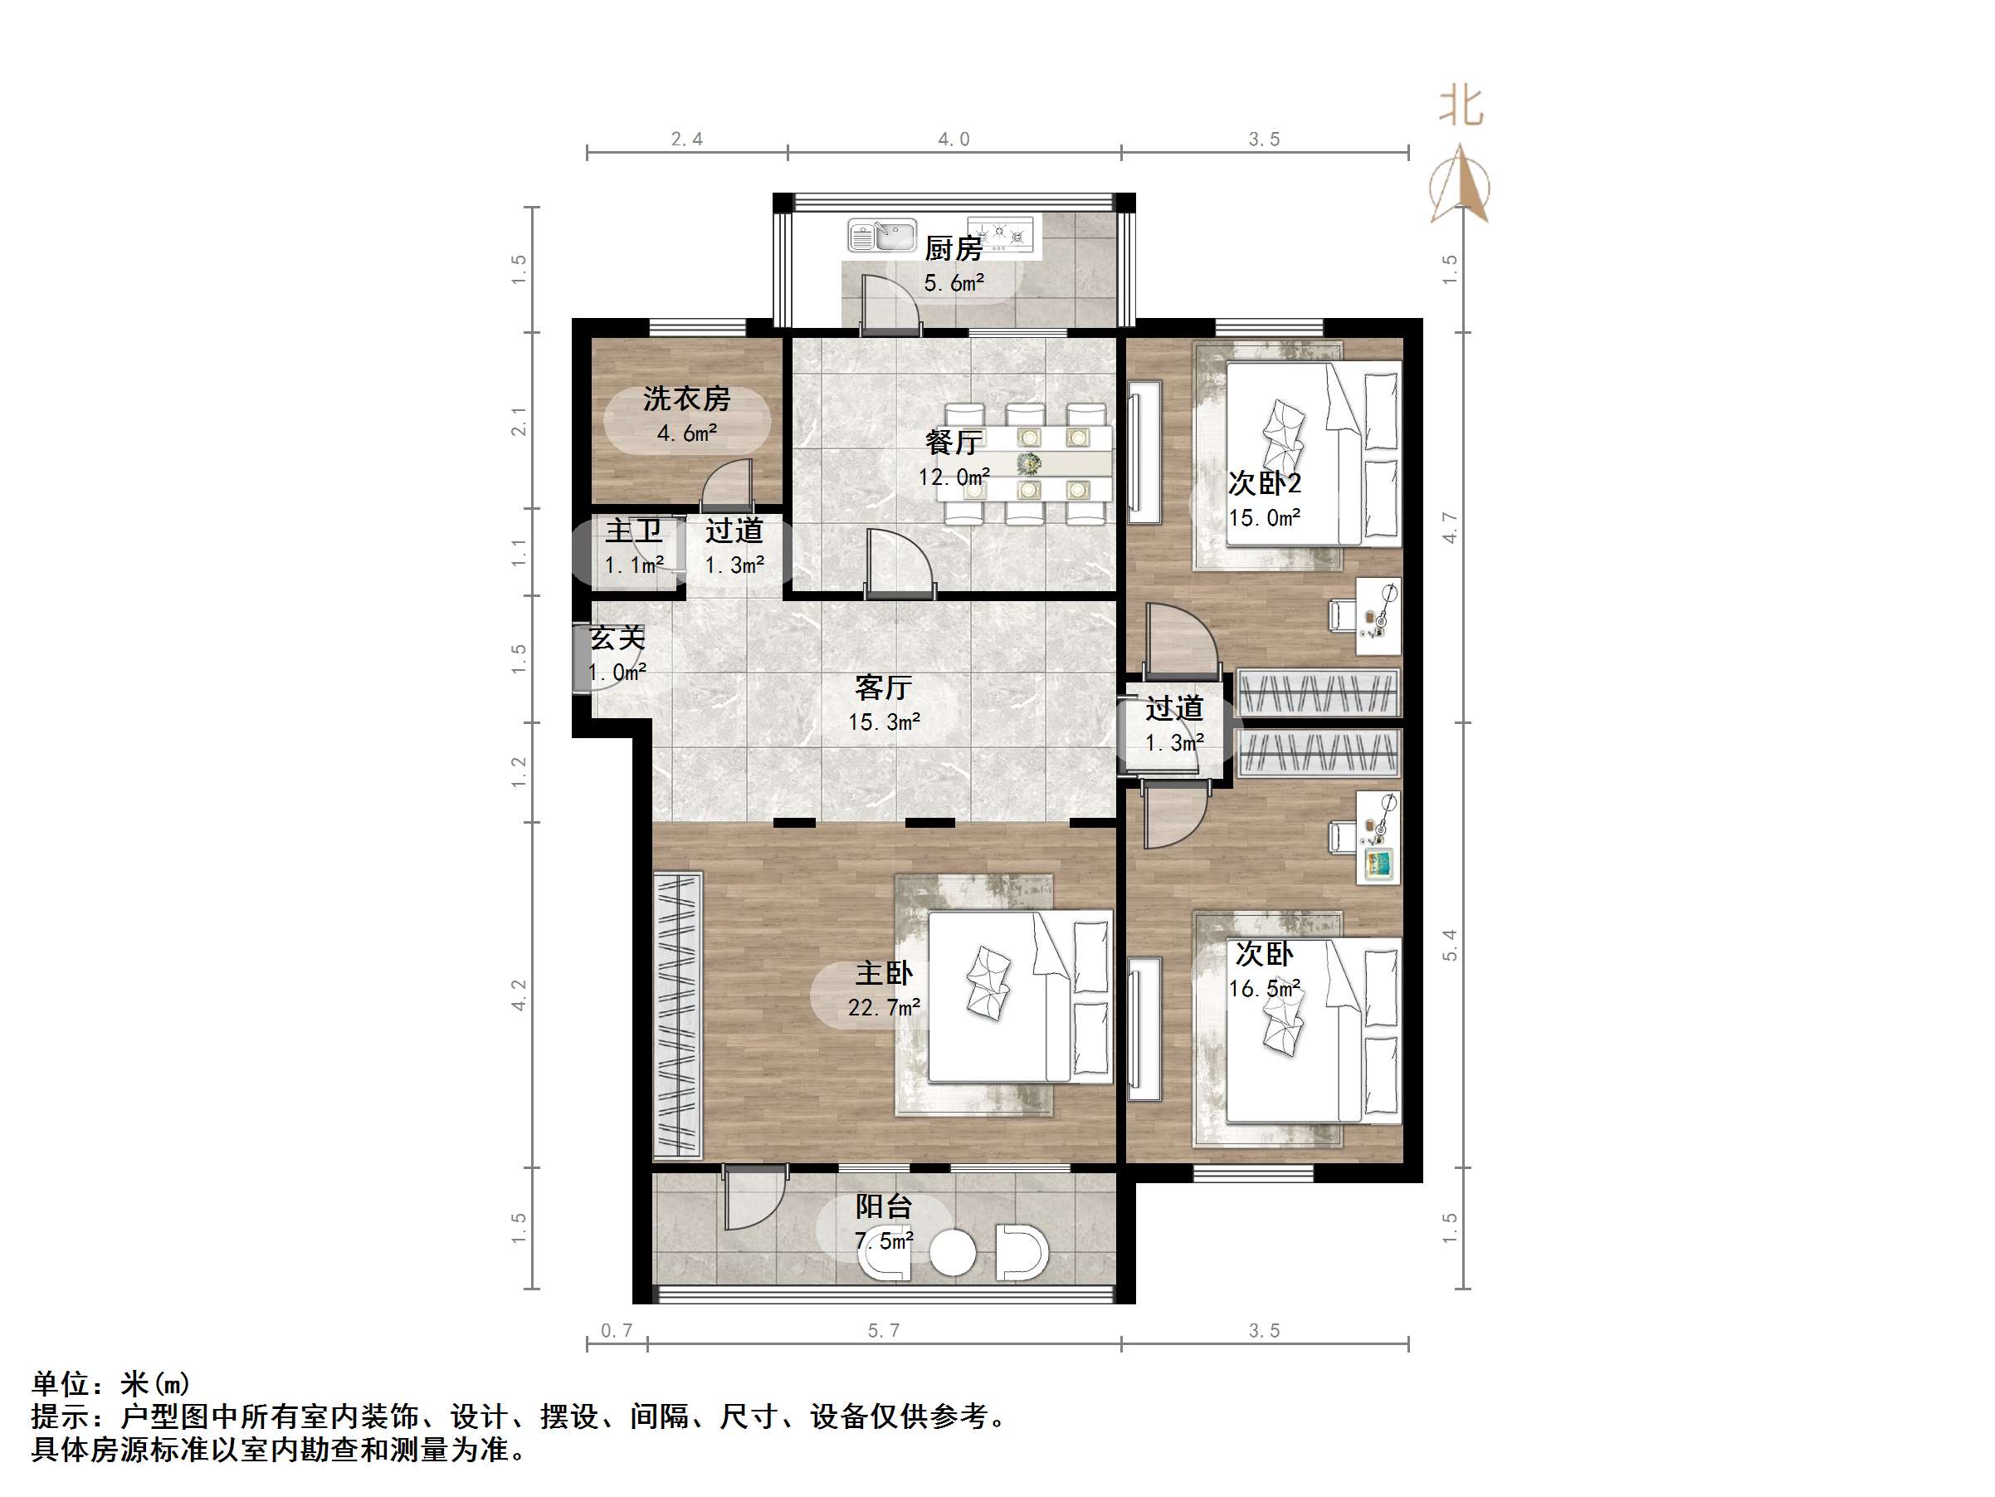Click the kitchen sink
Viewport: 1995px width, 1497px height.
pos(881,236)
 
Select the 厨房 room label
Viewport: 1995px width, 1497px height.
pos(954,247)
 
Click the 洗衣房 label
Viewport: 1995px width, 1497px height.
pos(686,398)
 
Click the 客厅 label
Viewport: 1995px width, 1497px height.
pos(884,687)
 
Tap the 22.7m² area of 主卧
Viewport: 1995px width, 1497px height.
pos(884,1007)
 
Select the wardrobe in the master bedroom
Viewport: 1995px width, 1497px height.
pos(677,1015)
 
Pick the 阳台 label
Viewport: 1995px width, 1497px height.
pos(884,1206)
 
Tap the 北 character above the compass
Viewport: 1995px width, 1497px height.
pos(1461,106)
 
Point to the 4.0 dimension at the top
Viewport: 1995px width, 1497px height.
pos(954,139)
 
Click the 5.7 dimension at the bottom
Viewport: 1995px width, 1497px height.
pos(884,1330)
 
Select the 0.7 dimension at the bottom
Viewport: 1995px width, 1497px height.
pos(617,1330)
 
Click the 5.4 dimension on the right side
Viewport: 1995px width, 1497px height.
pos(1449,945)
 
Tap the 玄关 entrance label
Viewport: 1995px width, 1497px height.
pos(617,638)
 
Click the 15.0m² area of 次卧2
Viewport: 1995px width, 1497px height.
pos(1265,518)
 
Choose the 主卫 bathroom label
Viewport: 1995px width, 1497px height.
pos(633,531)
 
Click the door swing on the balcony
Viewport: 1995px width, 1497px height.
pos(751,1199)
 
